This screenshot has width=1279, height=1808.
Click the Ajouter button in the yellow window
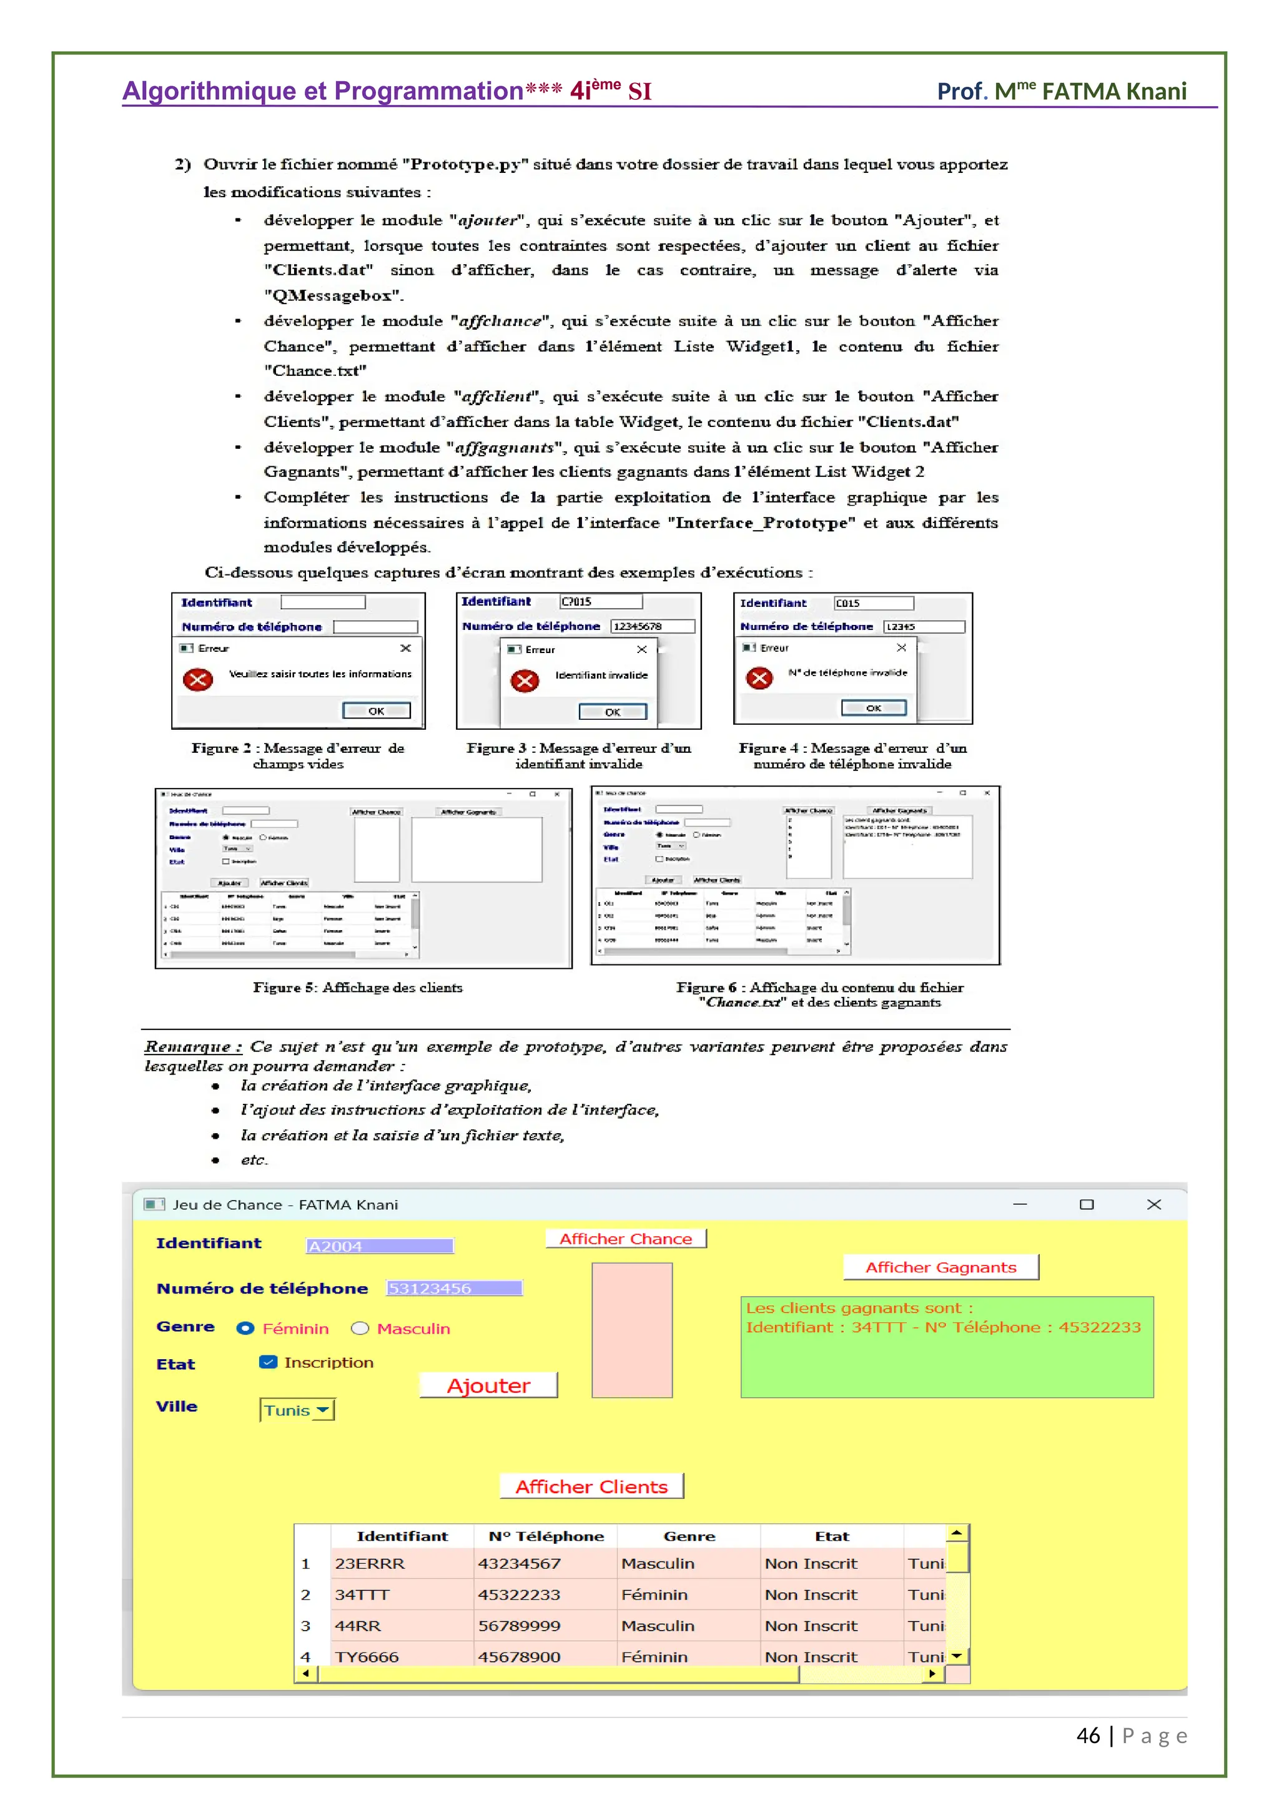click(x=488, y=1385)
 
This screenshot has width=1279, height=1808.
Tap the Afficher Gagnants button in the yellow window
click(x=941, y=1267)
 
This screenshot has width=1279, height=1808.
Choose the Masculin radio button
click(x=360, y=1329)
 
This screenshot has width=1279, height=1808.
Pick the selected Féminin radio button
click(x=245, y=1329)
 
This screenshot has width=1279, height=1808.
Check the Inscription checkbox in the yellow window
click(x=269, y=1362)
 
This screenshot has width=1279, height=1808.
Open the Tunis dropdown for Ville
click(x=297, y=1410)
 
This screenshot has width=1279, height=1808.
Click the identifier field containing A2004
click(x=379, y=1245)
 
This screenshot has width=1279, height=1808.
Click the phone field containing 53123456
click(x=453, y=1289)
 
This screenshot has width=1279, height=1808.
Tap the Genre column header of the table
click(x=689, y=1536)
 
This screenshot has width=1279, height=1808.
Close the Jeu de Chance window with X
click(x=1153, y=1204)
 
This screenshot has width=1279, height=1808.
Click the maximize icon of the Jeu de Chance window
click(x=1087, y=1204)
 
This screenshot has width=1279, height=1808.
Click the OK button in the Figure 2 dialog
click(x=377, y=711)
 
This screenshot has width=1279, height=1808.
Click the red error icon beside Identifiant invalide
click(x=525, y=680)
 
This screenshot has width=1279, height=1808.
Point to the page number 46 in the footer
click(x=1088, y=1736)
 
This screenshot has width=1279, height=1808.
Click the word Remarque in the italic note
click(x=187, y=1046)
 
